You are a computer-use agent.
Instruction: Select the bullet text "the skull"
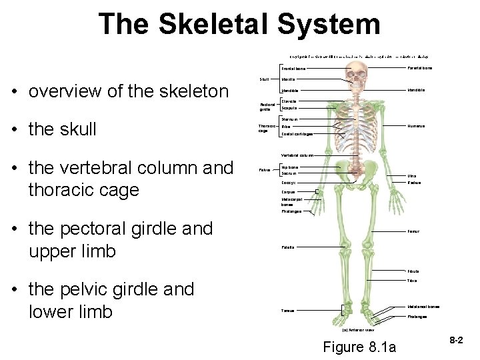pyautogui.click(x=63, y=129)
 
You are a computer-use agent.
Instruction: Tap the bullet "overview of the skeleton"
pyautogui.click(x=128, y=91)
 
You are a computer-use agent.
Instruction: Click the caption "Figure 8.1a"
pyautogui.click(x=359, y=347)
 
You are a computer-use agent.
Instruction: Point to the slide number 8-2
pyautogui.click(x=456, y=340)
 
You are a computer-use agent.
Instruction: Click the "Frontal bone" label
pyautogui.click(x=293, y=69)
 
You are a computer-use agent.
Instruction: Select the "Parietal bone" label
pyautogui.click(x=419, y=67)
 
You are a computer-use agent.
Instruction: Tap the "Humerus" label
pyautogui.click(x=416, y=126)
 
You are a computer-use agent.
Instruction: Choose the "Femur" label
pyautogui.click(x=413, y=232)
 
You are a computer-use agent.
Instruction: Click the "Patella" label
pyautogui.click(x=289, y=247)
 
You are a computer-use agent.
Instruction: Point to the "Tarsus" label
pyautogui.click(x=288, y=311)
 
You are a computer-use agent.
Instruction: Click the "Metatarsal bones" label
pyautogui.click(x=423, y=307)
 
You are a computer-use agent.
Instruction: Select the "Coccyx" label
pyautogui.click(x=289, y=182)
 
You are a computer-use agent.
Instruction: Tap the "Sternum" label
pyautogui.click(x=289, y=119)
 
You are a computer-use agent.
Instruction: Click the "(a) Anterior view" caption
pyautogui.click(x=358, y=329)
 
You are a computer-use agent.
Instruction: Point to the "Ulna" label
pyautogui.click(x=412, y=176)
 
